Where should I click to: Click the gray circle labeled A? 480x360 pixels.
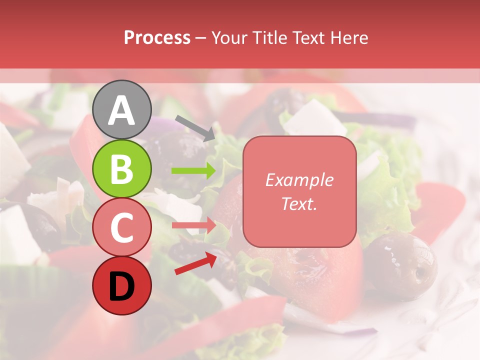point(122,109)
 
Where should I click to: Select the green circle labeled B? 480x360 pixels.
point(122,169)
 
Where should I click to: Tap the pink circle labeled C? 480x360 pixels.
point(122,227)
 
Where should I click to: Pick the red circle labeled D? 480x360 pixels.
point(122,286)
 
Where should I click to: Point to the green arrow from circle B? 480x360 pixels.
point(193,171)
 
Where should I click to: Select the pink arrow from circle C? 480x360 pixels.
point(193,225)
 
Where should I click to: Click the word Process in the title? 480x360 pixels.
point(157,37)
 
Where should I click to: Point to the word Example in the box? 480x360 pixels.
point(299,180)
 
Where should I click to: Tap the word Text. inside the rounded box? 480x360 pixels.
point(299,203)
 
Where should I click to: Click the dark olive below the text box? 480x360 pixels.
point(400,265)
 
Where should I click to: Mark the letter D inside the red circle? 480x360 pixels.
point(122,286)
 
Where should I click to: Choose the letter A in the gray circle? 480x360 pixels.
point(122,110)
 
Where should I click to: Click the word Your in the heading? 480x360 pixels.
point(230,37)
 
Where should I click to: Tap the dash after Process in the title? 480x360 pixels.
point(201,38)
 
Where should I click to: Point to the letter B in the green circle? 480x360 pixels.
point(122,169)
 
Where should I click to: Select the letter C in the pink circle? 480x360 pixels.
point(122,228)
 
